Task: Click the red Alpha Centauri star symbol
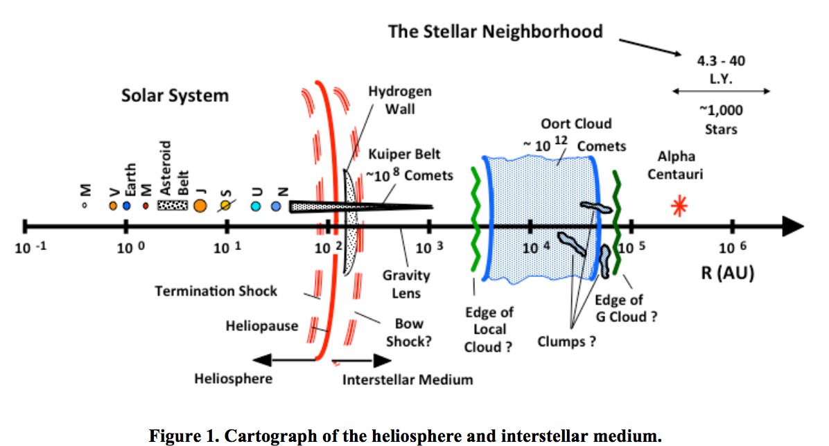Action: click(681, 206)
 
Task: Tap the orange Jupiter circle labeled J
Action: click(200, 206)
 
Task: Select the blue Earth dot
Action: click(126, 206)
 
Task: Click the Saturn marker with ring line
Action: click(226, 206)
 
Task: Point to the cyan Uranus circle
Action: click(256, 206)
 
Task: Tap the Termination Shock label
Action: click(216, 291)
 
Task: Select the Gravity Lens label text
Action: click(406, 284)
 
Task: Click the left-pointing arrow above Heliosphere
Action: click(284, 359)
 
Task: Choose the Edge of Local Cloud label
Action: click(488, 330)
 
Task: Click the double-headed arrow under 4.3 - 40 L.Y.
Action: click(721, 91)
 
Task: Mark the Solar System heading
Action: click(175, 96)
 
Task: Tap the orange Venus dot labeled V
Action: click(113, 206)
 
